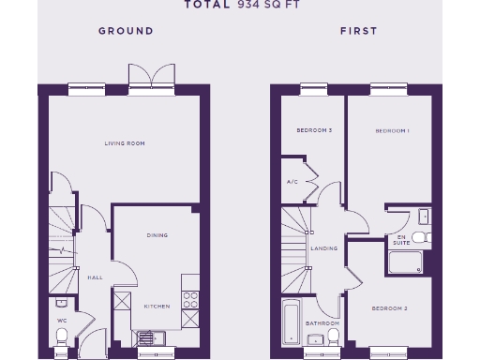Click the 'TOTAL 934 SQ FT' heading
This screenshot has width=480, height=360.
(x=239, y=5)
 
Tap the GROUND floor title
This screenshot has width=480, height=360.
(x=126, y=31)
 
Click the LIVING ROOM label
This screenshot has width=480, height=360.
(x=125, y=143)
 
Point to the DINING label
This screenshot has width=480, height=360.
(x=157, y=235)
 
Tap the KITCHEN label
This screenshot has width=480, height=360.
(x=156, y=307)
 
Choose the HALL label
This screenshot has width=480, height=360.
(x=95, y=277)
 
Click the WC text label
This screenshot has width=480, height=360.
(x=63, y=319)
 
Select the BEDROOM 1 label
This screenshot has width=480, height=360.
(x=392, y=131)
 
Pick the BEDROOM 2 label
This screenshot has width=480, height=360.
(x=389, y=308)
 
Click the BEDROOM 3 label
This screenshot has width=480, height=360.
(x=314, y=130)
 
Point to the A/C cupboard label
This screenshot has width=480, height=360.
(x=292, y=181)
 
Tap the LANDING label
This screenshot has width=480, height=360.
(x=323, y=248)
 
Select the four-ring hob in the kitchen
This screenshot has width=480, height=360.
(x=190, y=300)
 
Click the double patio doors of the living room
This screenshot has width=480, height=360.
(x=152, y=78)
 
